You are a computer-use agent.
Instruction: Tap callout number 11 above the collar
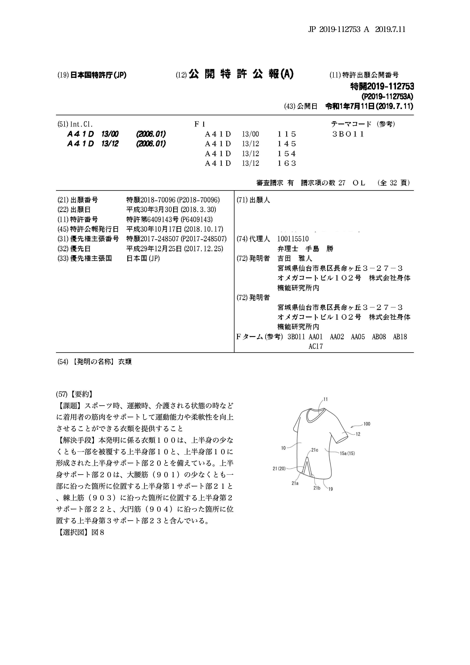(x=325, y=399)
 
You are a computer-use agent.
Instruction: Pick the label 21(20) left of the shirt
(x=279, y=468)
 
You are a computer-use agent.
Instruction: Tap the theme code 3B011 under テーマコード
(x=348, y=134)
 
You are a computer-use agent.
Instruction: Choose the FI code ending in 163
(x=287, y=163)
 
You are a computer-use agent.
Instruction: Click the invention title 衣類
(x=125, y=362)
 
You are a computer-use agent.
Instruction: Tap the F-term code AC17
(x=316, y=346)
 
